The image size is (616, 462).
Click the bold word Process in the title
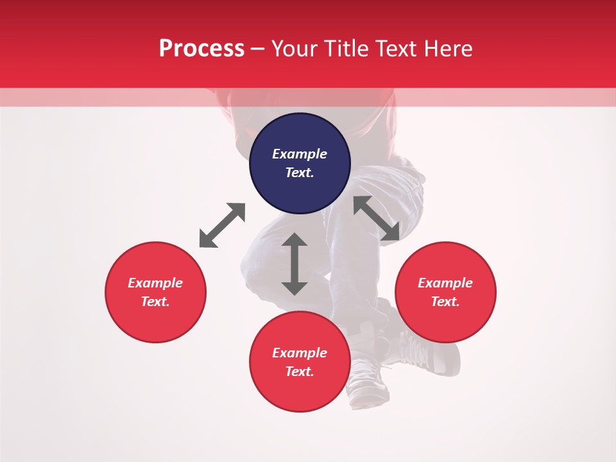tap(201, 49)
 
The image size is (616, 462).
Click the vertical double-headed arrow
tap(295, 264)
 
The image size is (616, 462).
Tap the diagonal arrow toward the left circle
tap(222, 225)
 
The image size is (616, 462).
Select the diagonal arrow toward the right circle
tap(377, 218)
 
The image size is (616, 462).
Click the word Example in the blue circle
tap(300, 154)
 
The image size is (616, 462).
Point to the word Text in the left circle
tap(155, 302)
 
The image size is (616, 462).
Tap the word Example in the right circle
tap(445, 283)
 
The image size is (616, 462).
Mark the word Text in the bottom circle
tap(300, 372)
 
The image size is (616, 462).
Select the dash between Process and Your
tap(258, 49)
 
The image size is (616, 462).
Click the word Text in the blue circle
tap(300, 173)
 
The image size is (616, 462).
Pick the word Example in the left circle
tap(155, 283)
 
